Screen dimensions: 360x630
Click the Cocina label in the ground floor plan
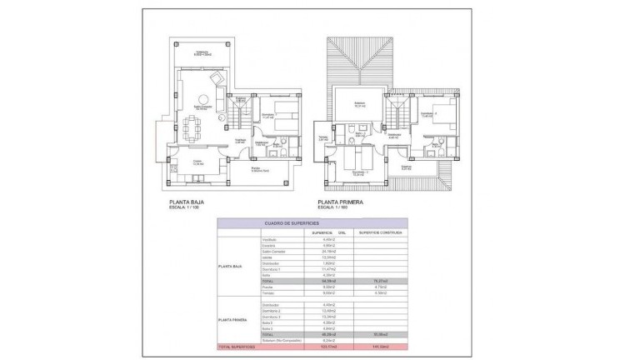(x=197, y=162)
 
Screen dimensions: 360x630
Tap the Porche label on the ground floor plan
(x=259, y=169)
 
